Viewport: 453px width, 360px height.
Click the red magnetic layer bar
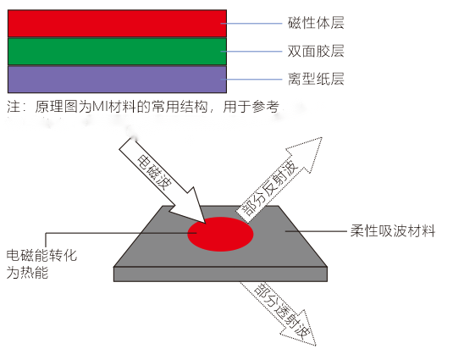pyautogui.click(x=117, y=24)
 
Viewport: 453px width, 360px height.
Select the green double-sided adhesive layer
pyautogui.click(x=117, y=52)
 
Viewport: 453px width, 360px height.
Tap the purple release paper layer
pyautogui.click(x=117, y=80)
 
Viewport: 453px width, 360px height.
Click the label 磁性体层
pyautogui.click(x=316, y=23)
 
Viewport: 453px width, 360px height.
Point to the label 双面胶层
pyautogui.click(x=316, y=51)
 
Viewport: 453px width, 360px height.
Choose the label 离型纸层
pyautogui.click(x=316, y=79)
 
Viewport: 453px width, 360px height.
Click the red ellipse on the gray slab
pyautogui.click(x=220, y=234)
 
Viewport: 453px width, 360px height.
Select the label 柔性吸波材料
pyautogui.click(x=393, y=231)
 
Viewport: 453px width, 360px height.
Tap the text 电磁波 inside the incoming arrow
pyautogui.click(x=154, y=173)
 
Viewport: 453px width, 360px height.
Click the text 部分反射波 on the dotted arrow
pyautogui.click(x=269, y=188)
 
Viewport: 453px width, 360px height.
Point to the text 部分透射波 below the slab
pyautogui.click(x=282, y=312)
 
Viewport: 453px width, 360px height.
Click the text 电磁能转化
pyautogui.click(x=41, y=255)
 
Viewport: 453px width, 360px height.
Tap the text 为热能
pyautogui.click(x=27, y=273)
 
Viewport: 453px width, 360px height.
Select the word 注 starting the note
pyautogui.click(x=14, y=107)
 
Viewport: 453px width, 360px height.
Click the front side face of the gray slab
pyautogui.click(x=220, y=274)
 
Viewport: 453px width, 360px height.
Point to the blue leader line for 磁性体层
pyautogui.click(x=251, y=24)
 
